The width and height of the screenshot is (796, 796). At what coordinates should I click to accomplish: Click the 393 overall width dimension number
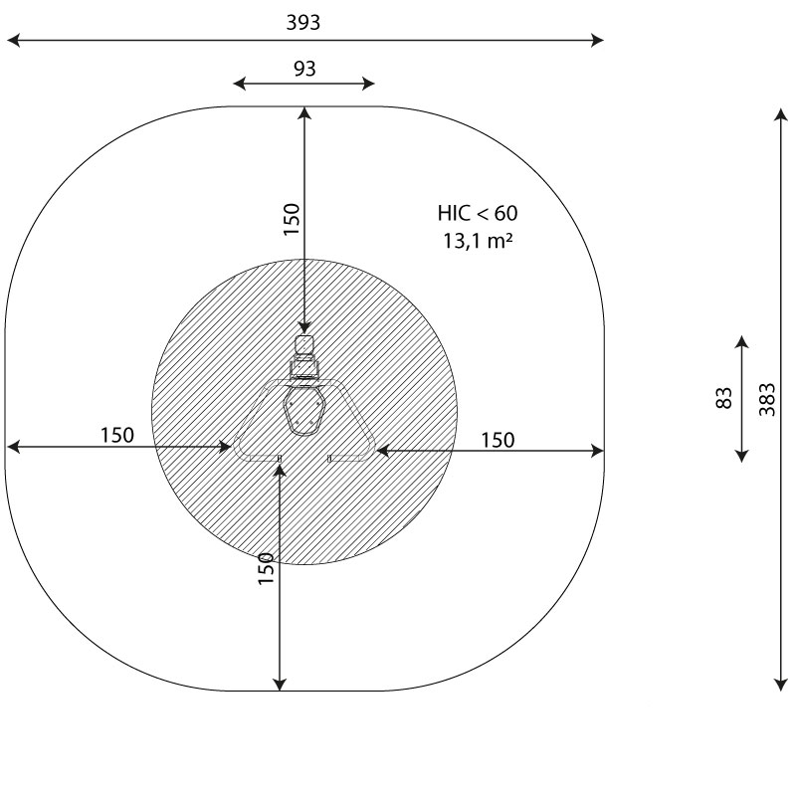(x=303, y=23)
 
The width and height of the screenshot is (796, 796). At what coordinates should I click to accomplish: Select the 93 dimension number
(x=304, y=69)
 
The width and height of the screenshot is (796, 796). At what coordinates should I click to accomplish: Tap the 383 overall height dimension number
(x=767, y=400)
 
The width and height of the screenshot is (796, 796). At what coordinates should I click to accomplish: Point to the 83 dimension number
(x=724, y=398)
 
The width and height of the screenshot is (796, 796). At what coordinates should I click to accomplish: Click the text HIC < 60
(x=478, y=213)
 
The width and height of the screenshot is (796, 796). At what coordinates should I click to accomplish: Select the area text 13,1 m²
(x=478, y=241)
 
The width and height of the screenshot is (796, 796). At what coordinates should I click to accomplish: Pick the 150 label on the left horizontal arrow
(x=117, y=435)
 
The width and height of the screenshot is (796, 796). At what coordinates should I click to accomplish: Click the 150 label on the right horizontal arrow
(x=498, y=440)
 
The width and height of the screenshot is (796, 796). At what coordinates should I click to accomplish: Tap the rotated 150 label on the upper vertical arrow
(x=292, y=219)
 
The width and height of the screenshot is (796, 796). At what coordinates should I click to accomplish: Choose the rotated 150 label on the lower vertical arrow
(x=266, y=568)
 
